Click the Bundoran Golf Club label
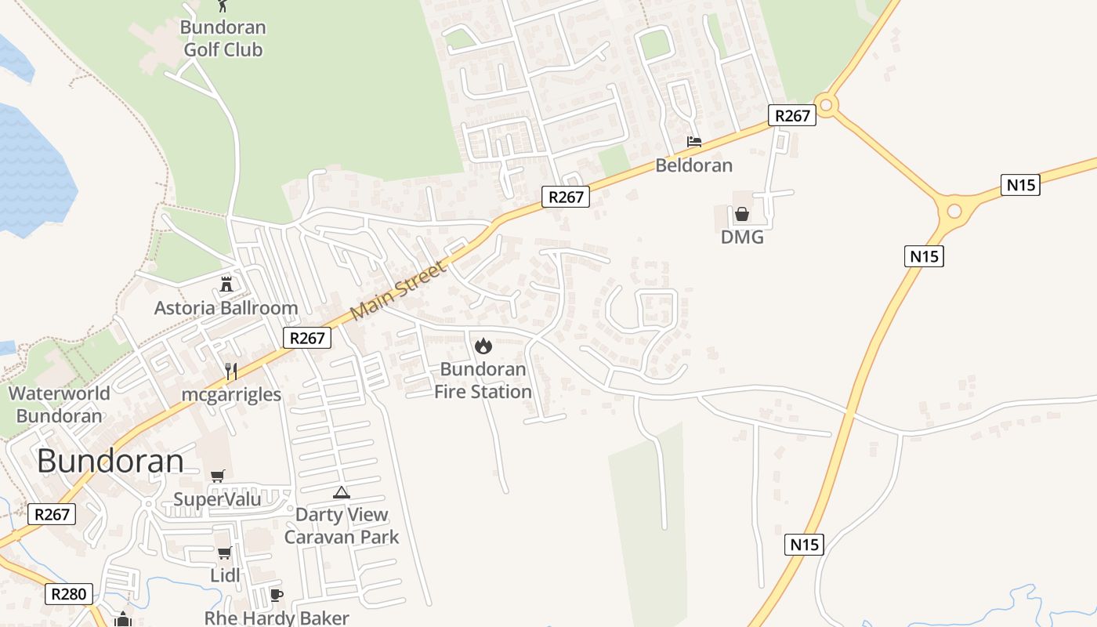pos(223,38)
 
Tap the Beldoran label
pos(693,165)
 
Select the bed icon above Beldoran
pos(693,142)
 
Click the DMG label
pos(741,237)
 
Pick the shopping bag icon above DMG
pos(741,213)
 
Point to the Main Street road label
pos(398,290)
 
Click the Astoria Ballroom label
pos(226,308)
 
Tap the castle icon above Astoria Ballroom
pos(226,284)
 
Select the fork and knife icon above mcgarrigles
pos(230,371)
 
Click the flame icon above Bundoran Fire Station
pos(483,345)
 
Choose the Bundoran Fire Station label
pos(483,380)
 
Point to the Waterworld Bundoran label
pos(60,404)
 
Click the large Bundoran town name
pos(110,461)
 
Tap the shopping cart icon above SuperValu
pos(217,476)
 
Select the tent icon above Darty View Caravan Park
pos(341,492)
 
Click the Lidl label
pos(225,576)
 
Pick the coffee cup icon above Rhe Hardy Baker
pos(276,595)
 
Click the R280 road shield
pos(68,594)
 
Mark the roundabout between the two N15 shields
pos(954,210)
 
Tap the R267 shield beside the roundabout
pos(792,115)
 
